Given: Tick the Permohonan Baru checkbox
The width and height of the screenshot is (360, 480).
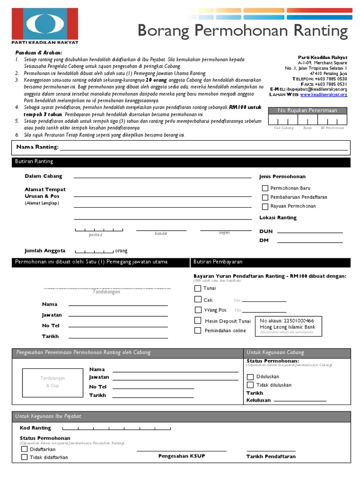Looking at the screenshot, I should (265, 188).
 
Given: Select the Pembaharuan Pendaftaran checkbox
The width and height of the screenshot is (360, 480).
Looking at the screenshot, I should (265, 197).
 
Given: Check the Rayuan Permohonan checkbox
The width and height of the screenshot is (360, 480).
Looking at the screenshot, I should (265, 206).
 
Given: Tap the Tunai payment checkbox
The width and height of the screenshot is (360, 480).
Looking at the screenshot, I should (198, 289).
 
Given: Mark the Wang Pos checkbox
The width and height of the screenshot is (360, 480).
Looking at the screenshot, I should (198, 310).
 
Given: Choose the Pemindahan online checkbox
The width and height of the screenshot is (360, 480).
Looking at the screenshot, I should (198, 330).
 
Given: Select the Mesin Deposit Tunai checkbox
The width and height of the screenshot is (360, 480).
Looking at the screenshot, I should (198, 321).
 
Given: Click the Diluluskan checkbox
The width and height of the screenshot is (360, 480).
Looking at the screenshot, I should (250, 376).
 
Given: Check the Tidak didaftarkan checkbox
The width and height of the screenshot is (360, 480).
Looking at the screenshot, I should (24, 457).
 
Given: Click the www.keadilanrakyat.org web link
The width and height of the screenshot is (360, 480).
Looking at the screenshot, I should (323, 95).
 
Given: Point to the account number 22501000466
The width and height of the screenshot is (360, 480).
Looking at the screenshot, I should (287, 321).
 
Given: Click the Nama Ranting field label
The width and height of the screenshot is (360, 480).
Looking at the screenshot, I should (37, 147).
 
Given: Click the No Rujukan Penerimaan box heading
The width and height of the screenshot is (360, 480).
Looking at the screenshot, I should (307, 110).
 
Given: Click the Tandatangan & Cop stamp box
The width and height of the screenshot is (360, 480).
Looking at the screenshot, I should (52, 382).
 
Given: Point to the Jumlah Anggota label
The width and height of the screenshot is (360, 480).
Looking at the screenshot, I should (45, 251).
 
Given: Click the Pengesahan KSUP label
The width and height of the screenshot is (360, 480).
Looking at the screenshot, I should (181, 456).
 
